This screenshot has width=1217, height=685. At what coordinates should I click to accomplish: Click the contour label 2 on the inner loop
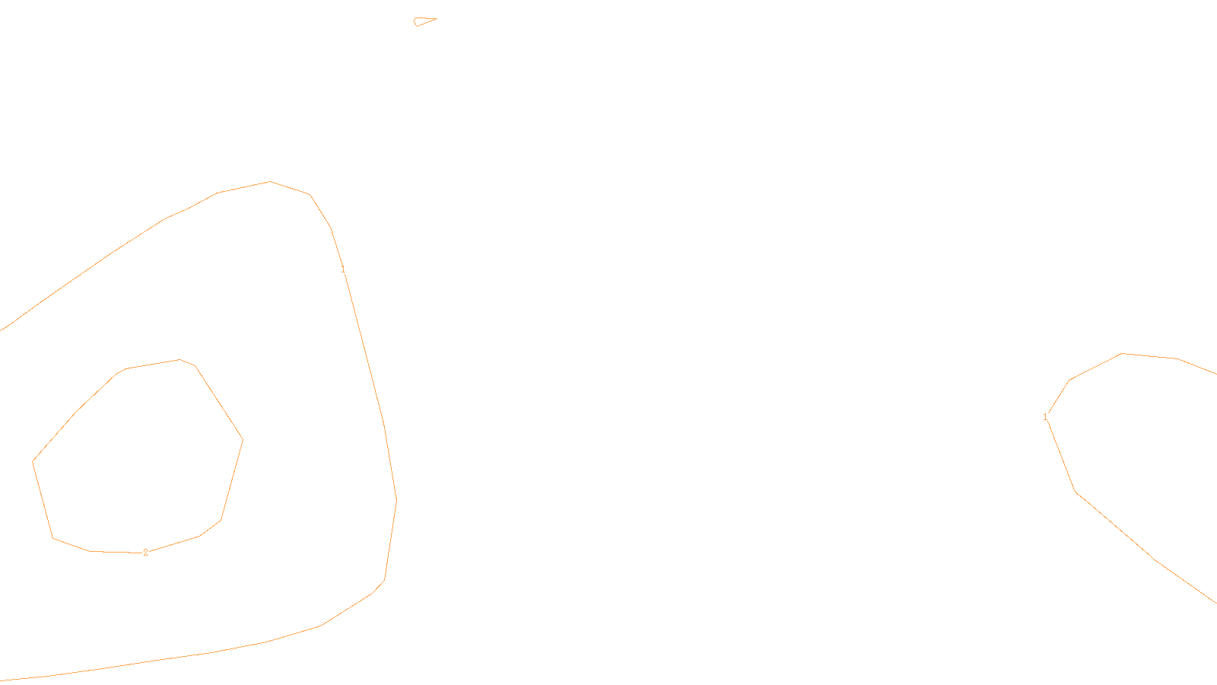[x=145, y=553]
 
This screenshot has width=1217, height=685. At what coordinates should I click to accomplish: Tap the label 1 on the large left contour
[x=343, y=269]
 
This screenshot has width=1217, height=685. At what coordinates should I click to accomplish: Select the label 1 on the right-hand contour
[x=1045, y=417]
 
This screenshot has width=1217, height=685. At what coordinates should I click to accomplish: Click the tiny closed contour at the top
[x=423, y=21]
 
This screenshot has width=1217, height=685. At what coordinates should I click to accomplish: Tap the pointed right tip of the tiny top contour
[x=437, y=18]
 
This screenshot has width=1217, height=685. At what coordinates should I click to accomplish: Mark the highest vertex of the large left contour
[x=270, y=181]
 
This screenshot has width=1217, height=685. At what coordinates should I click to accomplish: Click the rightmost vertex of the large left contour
[x=396, y=499]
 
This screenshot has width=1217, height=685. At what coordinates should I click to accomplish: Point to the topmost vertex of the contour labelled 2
[x=180, y=359]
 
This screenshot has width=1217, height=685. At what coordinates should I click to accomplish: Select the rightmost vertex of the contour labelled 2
[x=243, y=439]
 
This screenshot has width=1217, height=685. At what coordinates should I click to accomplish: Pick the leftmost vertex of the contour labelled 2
[x=33, y=461]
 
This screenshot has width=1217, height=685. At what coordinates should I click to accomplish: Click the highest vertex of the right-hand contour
[x=1123, y=353]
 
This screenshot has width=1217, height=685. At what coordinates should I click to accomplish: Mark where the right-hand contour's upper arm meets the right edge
[x=1215, y=374]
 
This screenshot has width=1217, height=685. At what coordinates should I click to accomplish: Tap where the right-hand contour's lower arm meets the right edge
[x=1215, y=603]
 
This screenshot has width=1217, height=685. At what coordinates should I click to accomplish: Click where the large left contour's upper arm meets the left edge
[x=2, y=330]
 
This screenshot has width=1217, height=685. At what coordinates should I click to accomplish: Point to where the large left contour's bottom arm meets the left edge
[x=2, y=680]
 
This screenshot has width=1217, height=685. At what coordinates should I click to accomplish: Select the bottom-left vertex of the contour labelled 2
[x=52, y=538]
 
